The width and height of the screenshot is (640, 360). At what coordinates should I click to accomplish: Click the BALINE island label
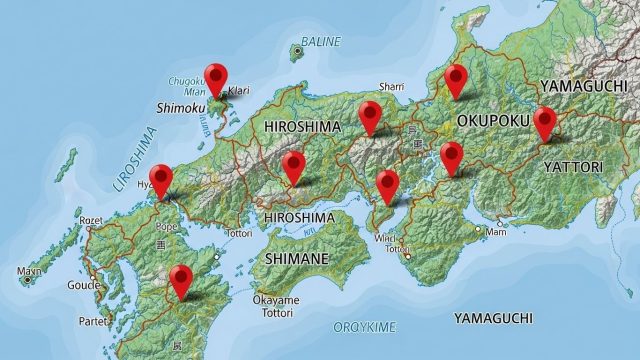click(321, 42)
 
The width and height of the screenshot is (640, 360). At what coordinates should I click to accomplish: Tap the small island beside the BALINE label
click(297, 49)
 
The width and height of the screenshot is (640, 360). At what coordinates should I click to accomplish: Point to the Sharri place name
click(390, 87)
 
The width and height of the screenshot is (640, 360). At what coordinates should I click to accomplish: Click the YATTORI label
click(573, 166)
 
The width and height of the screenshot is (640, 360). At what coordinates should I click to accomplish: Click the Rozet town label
click(91, 220)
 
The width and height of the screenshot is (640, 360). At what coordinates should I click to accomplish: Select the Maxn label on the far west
click(30, 271)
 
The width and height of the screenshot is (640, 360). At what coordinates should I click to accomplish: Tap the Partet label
click(95, 321)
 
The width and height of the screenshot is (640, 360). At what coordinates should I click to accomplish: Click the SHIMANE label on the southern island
click(297, 258)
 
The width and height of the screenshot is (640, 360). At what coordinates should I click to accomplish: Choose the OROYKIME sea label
click(364, 327)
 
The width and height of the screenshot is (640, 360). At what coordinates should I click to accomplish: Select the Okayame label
click(275, 299)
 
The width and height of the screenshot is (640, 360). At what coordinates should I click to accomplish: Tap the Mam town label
click(496, 233)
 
